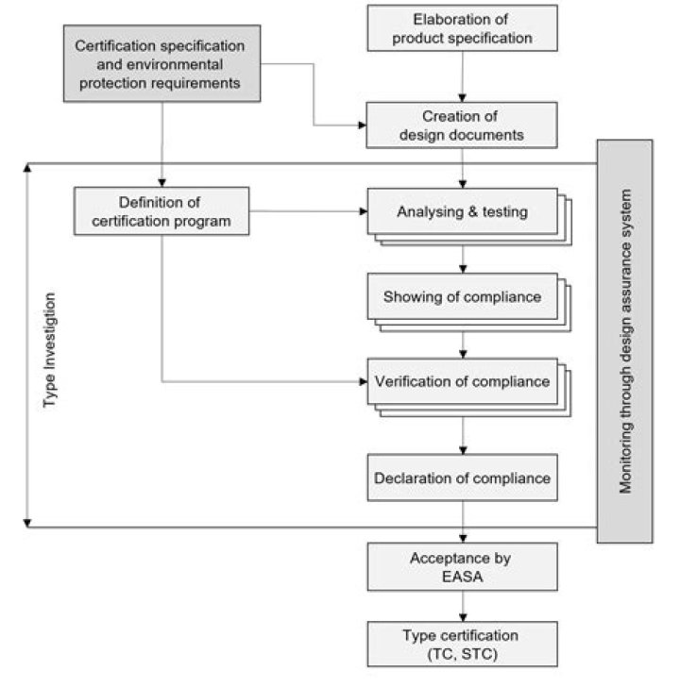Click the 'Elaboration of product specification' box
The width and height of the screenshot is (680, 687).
pyautogui.click(x=462, y=28)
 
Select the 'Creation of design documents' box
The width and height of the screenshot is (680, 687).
pyautogui.click(x=462, y=126)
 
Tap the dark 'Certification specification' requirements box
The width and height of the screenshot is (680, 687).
pyautogui.click(x=161, y=63)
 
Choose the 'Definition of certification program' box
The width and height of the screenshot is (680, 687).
pyautogui.click(x=161, y=211)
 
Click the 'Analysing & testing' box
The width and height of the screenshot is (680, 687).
pyautogui.click(x=463, y=211)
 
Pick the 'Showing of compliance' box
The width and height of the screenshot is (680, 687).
pyautogui.click(x=463, y=296)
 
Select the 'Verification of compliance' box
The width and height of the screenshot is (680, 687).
pyautogui.click(x=463, y=381)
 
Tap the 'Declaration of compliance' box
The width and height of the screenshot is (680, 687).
pyautogui.click(x=463, y=478)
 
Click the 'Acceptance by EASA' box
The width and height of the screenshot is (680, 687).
pyautogui.click(x=463, y=567)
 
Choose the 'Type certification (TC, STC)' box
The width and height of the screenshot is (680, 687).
pyautogui.click(x=463, y=644)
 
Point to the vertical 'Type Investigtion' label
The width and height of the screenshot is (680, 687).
pyautogui.click(x=49, y=349)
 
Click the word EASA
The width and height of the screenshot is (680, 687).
pyautogui.click(x=463, y=577)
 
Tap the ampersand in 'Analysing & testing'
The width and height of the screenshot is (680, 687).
pyautogui.click(x=472, y=211)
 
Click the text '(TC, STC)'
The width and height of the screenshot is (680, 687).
pyautogui.click(x=463, y=654)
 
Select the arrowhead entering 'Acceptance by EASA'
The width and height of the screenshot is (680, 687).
pyautogui.click(x=463, y=539)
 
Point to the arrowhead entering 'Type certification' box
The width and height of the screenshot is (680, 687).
pyautogui.click(x=463, y=617)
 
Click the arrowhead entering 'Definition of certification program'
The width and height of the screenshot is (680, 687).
pyautogui.click(x=161, y=183)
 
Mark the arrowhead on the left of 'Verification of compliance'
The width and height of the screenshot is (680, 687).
pyautogui.click(x=363, y=381)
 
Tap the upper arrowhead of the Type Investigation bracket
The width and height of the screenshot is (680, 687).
pyautogui.click(x=27, y=167)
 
